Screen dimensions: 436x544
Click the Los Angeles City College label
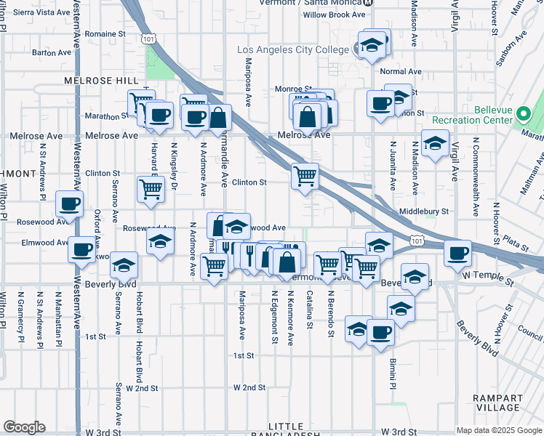click(x=294, y=49)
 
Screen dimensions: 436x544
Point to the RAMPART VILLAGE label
click(x=497, y=403)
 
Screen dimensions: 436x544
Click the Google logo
click(x=24, y=427)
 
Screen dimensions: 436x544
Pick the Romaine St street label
click(x=101, y=34)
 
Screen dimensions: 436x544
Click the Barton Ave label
click(x=50, y=53)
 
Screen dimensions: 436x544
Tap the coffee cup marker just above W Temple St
click(x=457, y=253)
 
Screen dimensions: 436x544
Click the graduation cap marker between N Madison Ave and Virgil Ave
click(x=435, y=142)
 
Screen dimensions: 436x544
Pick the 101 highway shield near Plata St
click(x=415, y=240)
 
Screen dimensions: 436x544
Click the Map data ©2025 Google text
click(x=498, y=430)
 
